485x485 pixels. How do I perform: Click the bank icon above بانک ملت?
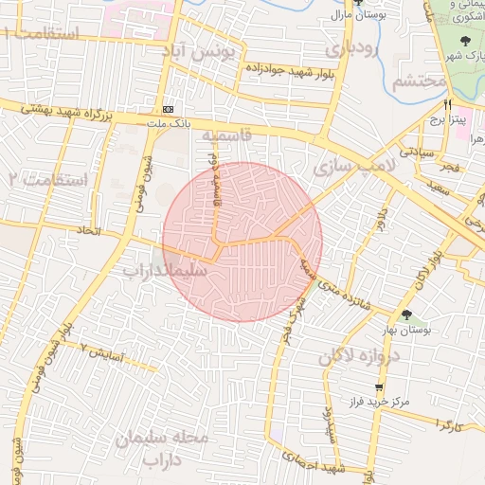tap(169, 108)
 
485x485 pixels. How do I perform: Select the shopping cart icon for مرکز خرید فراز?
tap(379, 388)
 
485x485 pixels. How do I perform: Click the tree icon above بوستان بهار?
tap(406, 315)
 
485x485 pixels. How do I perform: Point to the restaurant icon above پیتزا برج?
tap(447, 104)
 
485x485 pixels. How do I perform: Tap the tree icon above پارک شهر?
tap(464, 41)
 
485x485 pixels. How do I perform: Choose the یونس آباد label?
tap(225, 51)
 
